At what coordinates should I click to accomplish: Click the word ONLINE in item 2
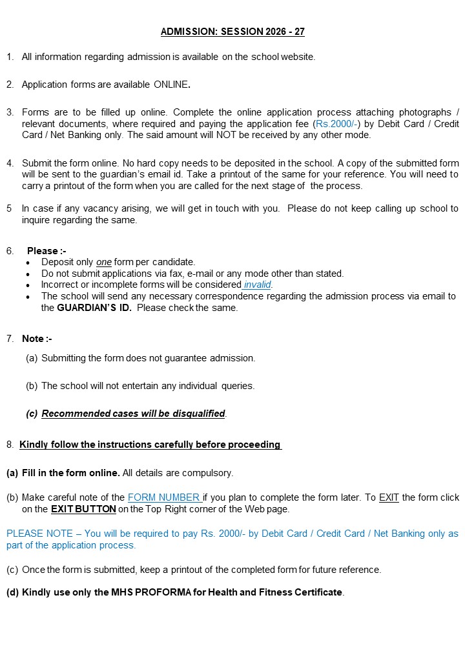[x=171, y=85]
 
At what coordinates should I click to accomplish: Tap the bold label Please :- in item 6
[x=46, y=251]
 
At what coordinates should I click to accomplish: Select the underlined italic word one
[x=103, y=262]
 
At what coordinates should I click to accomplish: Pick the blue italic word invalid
[x=258, y=285]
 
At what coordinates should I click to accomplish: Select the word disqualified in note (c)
[x=193, y=414]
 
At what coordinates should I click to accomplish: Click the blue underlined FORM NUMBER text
[x=164, y=497]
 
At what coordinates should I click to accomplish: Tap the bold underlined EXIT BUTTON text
[x=83, y=509]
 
